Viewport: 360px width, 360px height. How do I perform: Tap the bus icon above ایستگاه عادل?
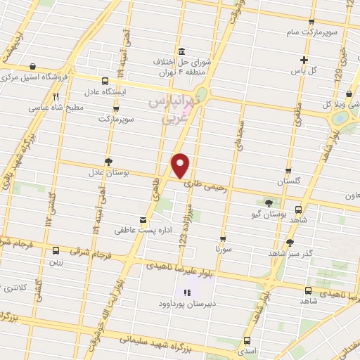coord(105,81)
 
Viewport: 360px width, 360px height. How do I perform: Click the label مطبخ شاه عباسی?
coord(56,108)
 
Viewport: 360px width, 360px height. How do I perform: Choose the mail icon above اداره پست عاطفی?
coord(143,219)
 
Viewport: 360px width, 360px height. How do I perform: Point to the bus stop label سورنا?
coord(223,249)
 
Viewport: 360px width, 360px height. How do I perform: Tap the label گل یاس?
coord(303,71)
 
